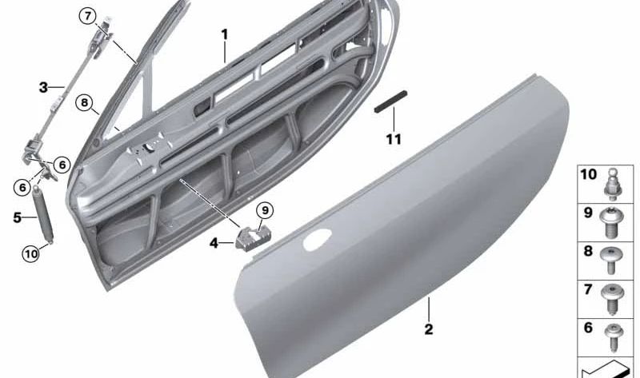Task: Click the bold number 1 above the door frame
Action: (225, 34)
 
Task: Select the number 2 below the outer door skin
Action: (429, 329)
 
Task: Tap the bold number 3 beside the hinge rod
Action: (43, 87)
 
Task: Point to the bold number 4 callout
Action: (214, 244)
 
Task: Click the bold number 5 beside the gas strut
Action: (17, 217)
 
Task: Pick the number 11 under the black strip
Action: (394, 140)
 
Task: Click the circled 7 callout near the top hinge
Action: (87, 17)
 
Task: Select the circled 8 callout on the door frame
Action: (84, 102)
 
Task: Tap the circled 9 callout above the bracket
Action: (265, 210)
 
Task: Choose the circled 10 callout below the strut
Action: (31, 254)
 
